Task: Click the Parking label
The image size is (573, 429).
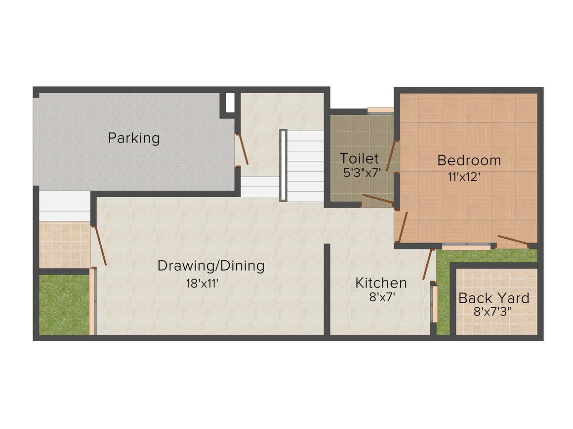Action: [x=134, y=138]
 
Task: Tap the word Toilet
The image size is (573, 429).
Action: [x=359, y=158]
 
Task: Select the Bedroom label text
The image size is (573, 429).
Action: [x=469, y=161]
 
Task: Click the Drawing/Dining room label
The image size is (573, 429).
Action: [x=211, y=266]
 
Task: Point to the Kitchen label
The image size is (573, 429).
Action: [x=381, y=283]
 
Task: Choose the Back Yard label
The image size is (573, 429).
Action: [x=493, y=298]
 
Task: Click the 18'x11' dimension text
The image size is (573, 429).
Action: [x=202, y=283]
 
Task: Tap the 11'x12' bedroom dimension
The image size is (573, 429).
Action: [x=464, y=177]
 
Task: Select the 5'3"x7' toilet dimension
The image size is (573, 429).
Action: [x=362, y=172]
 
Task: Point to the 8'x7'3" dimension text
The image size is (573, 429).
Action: [x=492, y=312]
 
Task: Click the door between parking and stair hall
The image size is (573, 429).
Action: [x=242, y=149]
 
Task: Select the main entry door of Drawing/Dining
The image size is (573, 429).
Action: [x=99, y=245]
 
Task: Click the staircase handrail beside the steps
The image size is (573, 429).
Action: [x=283, y=165]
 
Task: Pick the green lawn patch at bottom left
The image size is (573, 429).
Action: [x=64, y=304]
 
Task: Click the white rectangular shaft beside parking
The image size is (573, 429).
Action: [x=230, y=103]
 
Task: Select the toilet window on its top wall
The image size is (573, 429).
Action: [x=380, y=110]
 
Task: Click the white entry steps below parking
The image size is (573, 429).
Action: [x=65, y=206]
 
